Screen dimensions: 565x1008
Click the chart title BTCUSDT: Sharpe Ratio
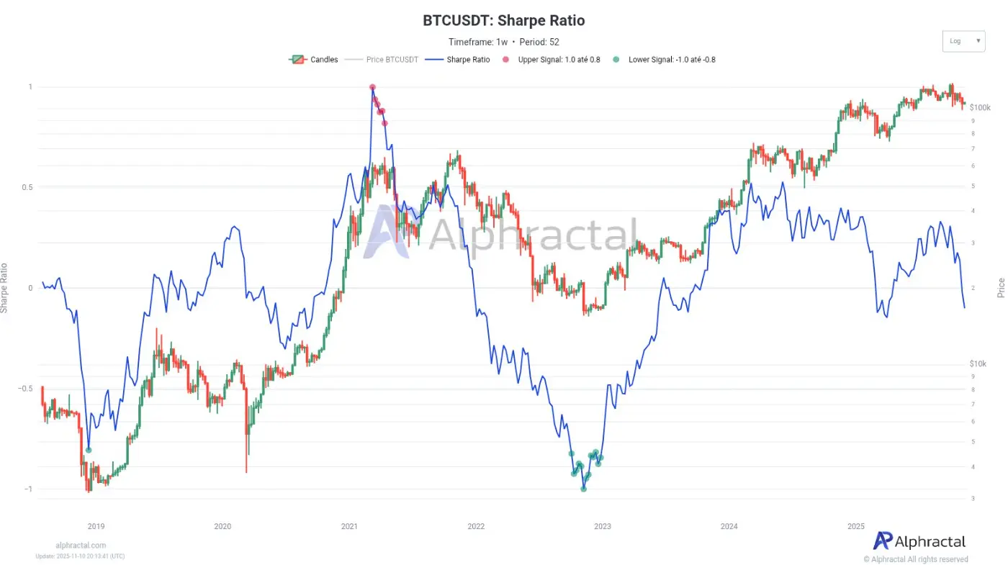(503, 20)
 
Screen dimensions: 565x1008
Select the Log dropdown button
(963, 41)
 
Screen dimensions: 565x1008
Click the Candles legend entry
(314, 60)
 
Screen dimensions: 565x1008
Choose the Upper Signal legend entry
(551, 60)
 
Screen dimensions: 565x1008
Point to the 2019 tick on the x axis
(96, 526)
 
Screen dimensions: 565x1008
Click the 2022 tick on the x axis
(476, 526)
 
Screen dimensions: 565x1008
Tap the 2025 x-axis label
(855, 526)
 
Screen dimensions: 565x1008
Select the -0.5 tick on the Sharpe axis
(24, 389)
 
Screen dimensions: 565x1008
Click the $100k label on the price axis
(980, 107)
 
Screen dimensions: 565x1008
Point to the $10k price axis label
(978, 363)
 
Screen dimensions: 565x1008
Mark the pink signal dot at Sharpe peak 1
(372, 87)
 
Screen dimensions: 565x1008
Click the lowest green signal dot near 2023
(584, 489)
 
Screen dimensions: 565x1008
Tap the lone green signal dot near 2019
(89, 450)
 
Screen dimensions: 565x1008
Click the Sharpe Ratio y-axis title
(5, 288)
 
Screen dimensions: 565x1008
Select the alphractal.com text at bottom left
(81, 546)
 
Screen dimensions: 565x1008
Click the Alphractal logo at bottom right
(919, 541)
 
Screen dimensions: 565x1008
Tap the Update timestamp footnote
(80, 556)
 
